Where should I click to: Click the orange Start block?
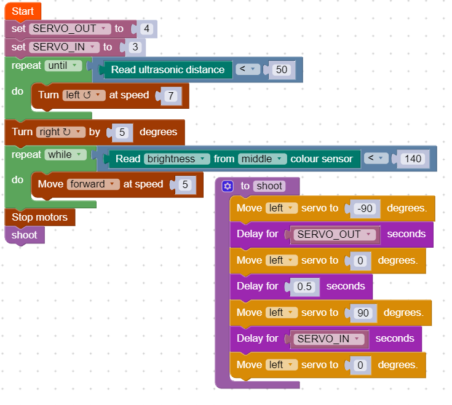pyautogui.click(x=23, y=12)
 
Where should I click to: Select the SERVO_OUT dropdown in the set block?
pyautogui.click(x=70, y=29)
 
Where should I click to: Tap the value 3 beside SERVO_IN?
pyautogui.click(x=135, y=47)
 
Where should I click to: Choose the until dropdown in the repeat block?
pyautogui.click(x=63, y=65)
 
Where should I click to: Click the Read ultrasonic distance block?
pyautogui.click(x=167, y=70)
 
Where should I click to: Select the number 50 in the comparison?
pyautogui.click(x=281, y=70)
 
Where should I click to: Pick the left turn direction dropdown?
pyautogui.click(x=84, y=95)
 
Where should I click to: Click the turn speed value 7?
pyautogui.click(x=170, y=96)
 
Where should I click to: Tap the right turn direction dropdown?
pyautogui.click(x=60, y=132)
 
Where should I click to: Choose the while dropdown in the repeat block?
pyautogui.click(x=66, y=155)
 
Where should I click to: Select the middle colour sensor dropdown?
pyautogui.click(x=263, y=159)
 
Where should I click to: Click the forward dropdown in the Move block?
pyautogui.click(x=93, y=184)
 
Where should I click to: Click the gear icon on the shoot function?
pyautogui.click(x=228, y=186)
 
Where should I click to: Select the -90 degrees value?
pyautogui.click(x=365, y=209)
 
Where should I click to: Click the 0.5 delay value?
pyautogui.click(x=304, y=287)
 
